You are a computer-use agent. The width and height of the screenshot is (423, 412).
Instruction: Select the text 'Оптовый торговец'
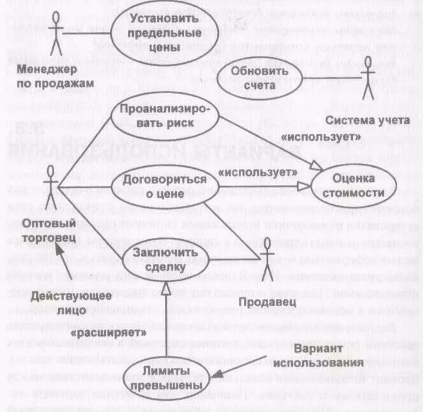[x=48, y=230]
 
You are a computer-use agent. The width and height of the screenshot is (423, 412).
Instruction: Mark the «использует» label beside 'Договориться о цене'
[x=258, y=173]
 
